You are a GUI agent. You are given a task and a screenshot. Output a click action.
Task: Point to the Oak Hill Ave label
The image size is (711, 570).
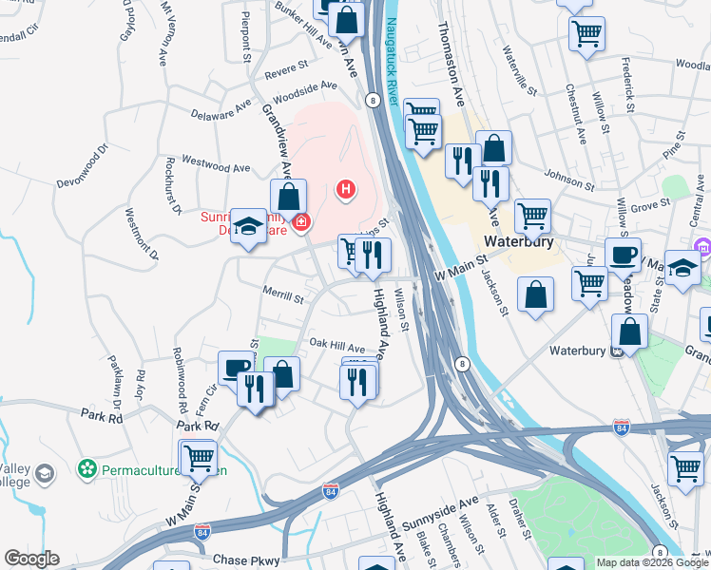point(336,348)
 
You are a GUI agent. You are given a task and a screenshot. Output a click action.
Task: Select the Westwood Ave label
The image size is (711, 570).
point(216,166)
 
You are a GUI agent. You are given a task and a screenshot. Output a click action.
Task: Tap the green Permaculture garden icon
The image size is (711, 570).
point(87,468)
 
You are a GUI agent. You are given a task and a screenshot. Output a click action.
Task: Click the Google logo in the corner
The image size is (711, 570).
point(31,559)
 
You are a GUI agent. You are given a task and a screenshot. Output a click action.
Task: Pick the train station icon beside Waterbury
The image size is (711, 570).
point(617,351)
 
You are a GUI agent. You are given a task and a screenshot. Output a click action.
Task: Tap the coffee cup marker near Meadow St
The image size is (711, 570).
point(624,256)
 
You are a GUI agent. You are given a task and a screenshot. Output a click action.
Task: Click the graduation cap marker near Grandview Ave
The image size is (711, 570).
point(249,226)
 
